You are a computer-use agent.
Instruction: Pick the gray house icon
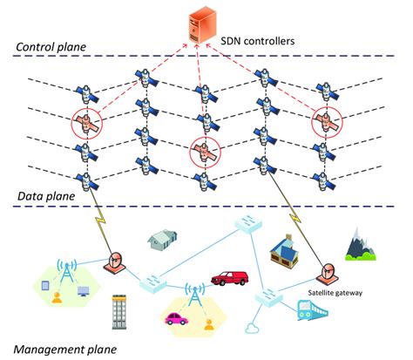(x=165, y=236)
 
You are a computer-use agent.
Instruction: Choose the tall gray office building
(x=120, y=311)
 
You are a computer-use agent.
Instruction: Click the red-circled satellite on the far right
(x=326, y=123)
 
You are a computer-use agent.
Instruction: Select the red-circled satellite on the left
(x=86, y=125)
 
